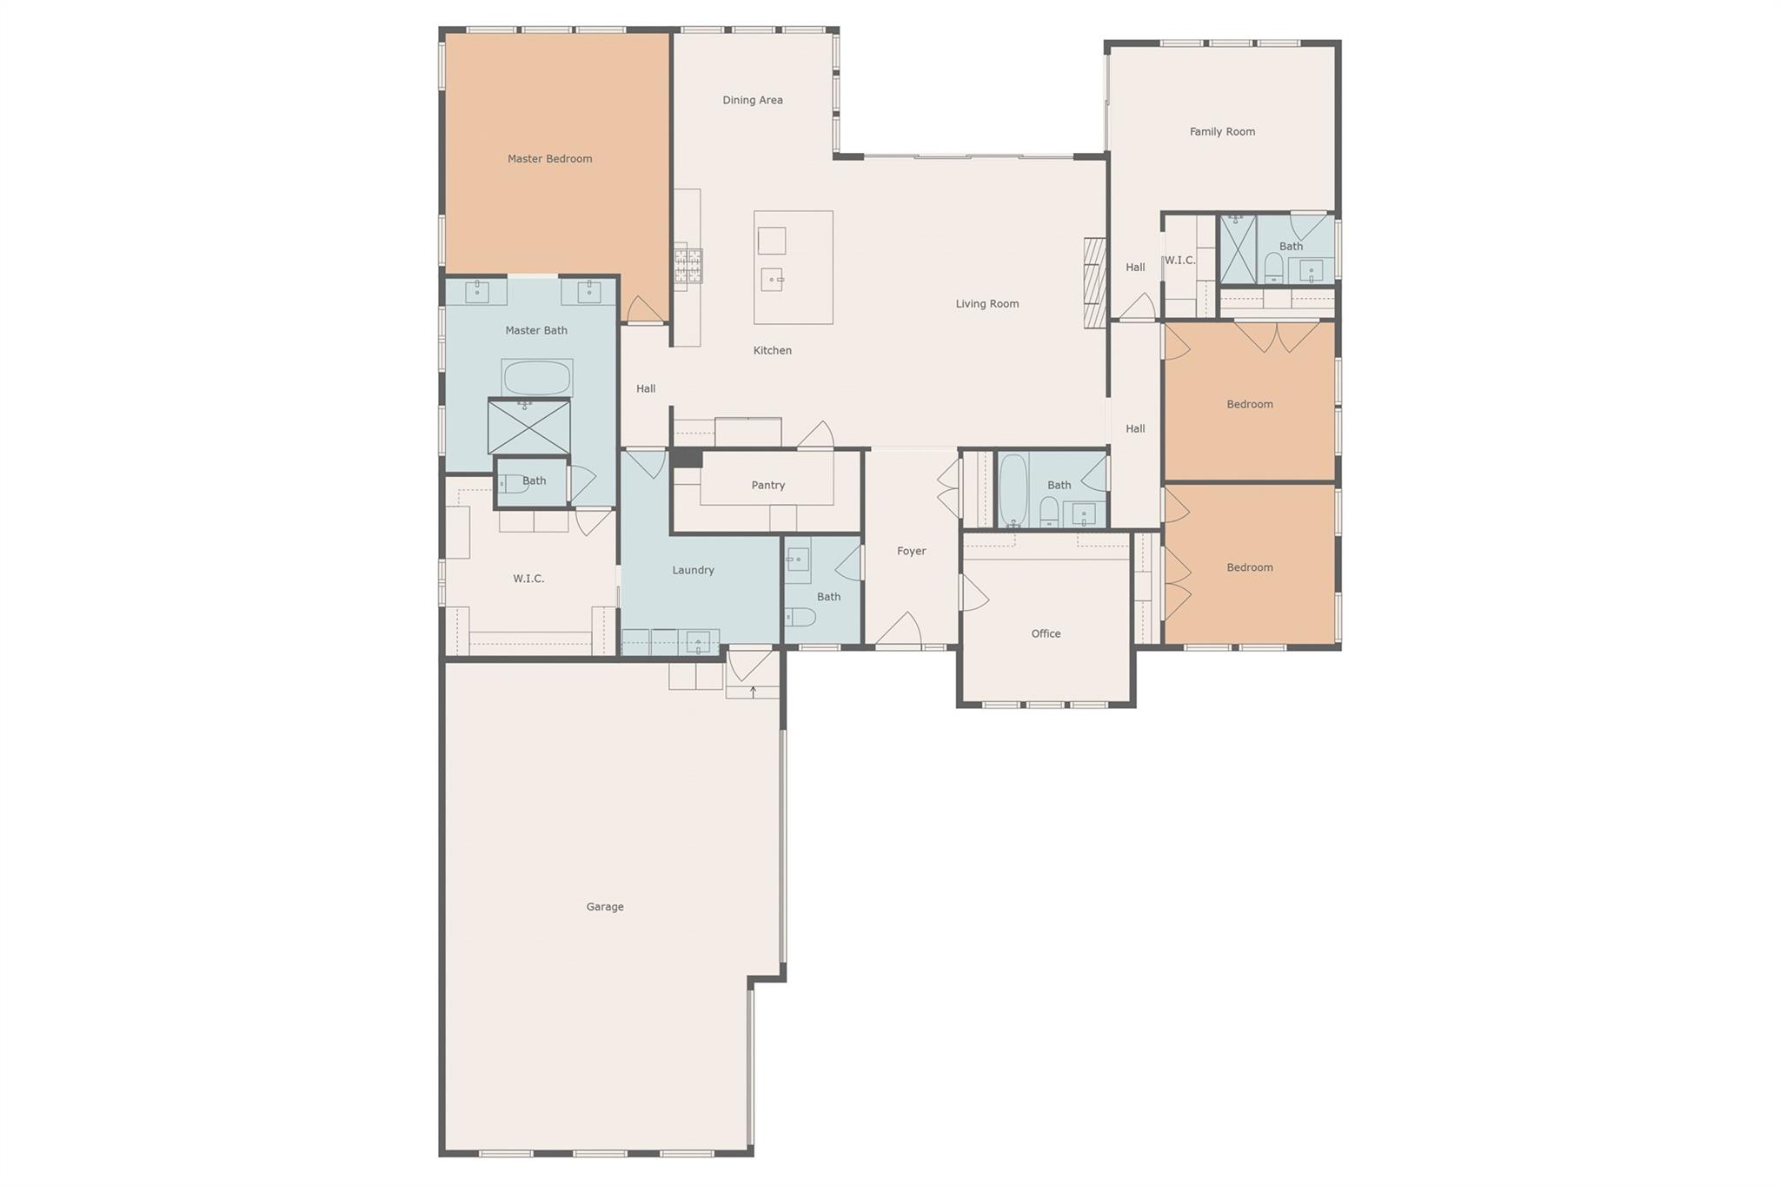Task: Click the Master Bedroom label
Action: [x=549, y=158]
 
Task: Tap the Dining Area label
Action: [x=753, y=100]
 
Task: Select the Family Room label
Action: [x=1222, y=131]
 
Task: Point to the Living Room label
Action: [x=987, y=303]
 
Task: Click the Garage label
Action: [x=605, y=906]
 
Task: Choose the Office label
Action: [x=1046, y=633]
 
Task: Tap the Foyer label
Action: [x=912, y=551]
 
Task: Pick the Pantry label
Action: [x=768, y=485]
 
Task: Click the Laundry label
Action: [x=693, y=570]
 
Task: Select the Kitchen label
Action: [x=773, y=350]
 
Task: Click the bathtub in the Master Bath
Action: [x=536, y=378]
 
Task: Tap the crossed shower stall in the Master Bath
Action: [x=528, y=427]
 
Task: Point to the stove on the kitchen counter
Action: [x=688, y=267]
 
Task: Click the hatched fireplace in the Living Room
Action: [x=1094, y=282]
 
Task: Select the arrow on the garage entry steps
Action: [x=753, y=692]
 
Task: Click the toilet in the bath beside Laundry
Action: [x=800, y=617]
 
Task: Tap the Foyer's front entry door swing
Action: [x=899, y=629]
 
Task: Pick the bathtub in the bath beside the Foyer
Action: [x=1013, y=490]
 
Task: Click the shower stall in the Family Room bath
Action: [x=1238, y=249]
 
